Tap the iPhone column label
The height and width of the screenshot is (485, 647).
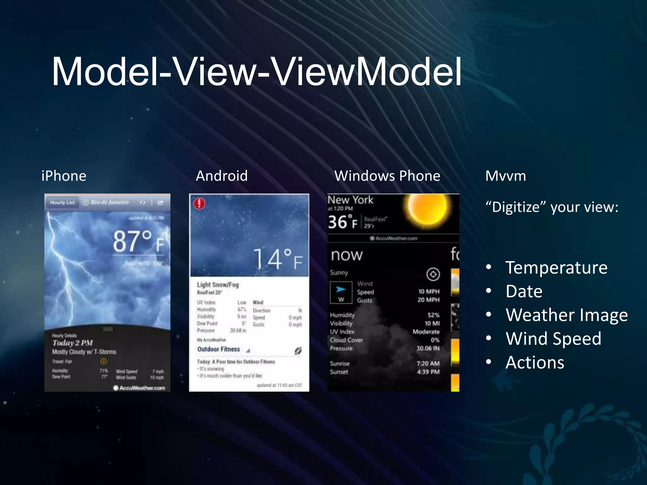[64, 176]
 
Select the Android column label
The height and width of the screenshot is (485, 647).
[222, 176]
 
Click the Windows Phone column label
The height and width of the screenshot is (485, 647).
[387, 176]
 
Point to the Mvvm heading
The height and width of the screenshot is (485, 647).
[505, 176]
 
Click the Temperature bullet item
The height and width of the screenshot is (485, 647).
[556, 268]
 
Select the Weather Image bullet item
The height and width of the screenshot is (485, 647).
[566, 315]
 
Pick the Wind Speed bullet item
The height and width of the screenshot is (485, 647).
[553, 338]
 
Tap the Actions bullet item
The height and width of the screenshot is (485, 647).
[535, 362]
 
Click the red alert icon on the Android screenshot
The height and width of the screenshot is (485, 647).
[199, 203]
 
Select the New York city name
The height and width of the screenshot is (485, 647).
[350, 200]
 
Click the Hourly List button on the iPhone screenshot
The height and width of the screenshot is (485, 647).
[62, 202]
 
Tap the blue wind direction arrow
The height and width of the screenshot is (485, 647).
[341, 289]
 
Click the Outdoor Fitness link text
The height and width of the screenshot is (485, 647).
[219, 349]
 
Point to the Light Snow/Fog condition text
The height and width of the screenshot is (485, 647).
[218, 284]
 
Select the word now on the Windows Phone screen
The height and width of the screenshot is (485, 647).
[347, 255]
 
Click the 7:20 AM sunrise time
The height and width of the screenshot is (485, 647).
[428, 363]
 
